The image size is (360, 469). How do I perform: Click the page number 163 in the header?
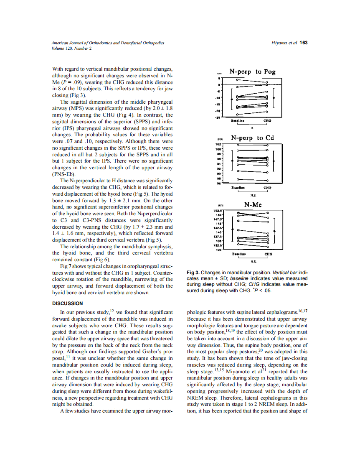(304, 43)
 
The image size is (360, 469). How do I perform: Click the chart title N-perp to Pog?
(252, 71)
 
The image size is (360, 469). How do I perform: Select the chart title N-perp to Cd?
(252, 138)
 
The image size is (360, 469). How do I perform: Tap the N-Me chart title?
(253, 205)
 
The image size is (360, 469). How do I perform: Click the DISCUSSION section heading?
(67, 303)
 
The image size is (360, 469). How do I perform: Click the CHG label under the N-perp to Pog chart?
(267, 120)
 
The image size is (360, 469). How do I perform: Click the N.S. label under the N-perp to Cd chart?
(253, 195)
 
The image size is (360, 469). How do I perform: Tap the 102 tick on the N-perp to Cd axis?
(218, 144)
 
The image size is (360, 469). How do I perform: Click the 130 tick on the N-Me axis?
(218, 250)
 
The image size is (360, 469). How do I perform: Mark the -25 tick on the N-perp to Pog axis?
(218, 117)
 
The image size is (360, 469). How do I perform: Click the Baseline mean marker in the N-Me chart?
(232, 229)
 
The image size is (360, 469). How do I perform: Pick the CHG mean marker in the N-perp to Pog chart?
(274, 98)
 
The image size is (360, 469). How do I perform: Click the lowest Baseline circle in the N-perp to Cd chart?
(238, 178)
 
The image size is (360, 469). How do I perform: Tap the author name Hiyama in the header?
(279, 43)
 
